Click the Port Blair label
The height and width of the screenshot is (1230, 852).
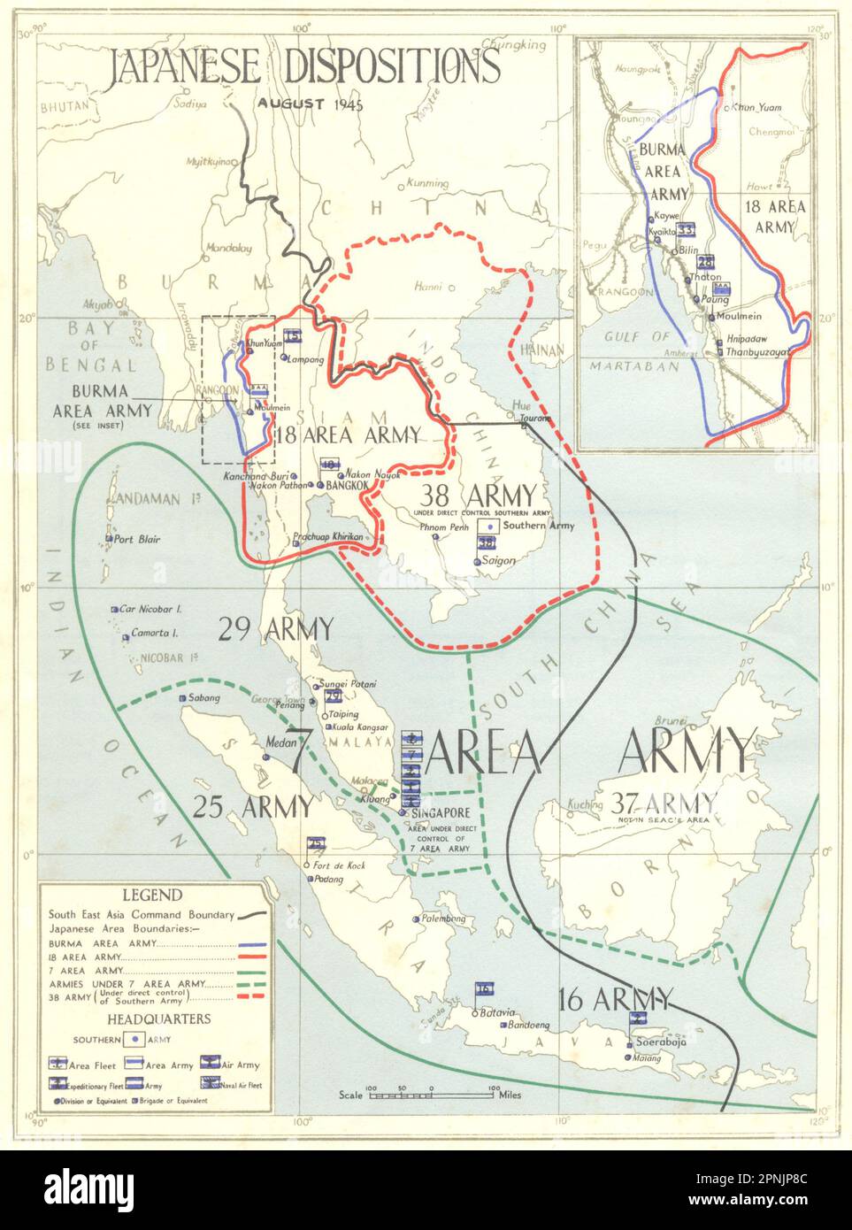click(138, 539)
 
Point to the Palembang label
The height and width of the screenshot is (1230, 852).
click(444, 919)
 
